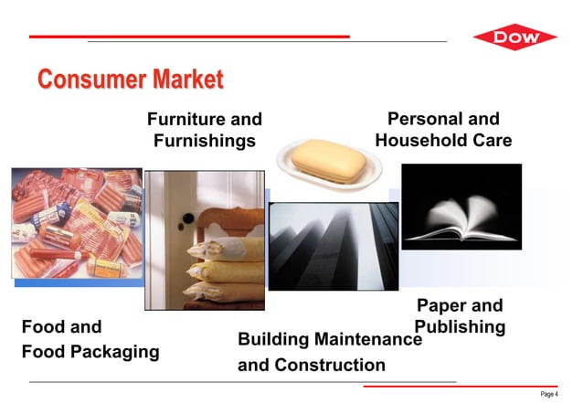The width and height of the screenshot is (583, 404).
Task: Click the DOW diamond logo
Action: (514, 38)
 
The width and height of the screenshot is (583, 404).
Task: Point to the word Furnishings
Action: (204, 141)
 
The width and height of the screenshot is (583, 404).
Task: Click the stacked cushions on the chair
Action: (224, 265)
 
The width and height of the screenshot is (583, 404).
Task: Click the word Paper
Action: (440, 306)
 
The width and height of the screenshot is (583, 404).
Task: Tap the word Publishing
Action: (460, 327)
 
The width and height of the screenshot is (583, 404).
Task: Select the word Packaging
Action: (113, 352)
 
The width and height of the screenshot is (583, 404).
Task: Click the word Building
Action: (272, 340)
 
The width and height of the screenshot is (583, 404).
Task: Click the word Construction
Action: (332, 366)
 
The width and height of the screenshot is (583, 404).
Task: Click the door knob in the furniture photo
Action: (187, 220)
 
